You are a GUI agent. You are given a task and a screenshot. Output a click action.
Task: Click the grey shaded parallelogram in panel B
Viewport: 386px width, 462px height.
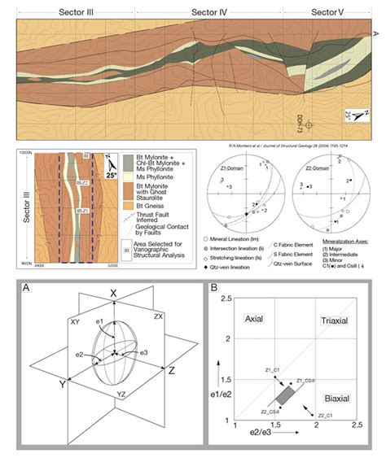click(286, 393)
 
